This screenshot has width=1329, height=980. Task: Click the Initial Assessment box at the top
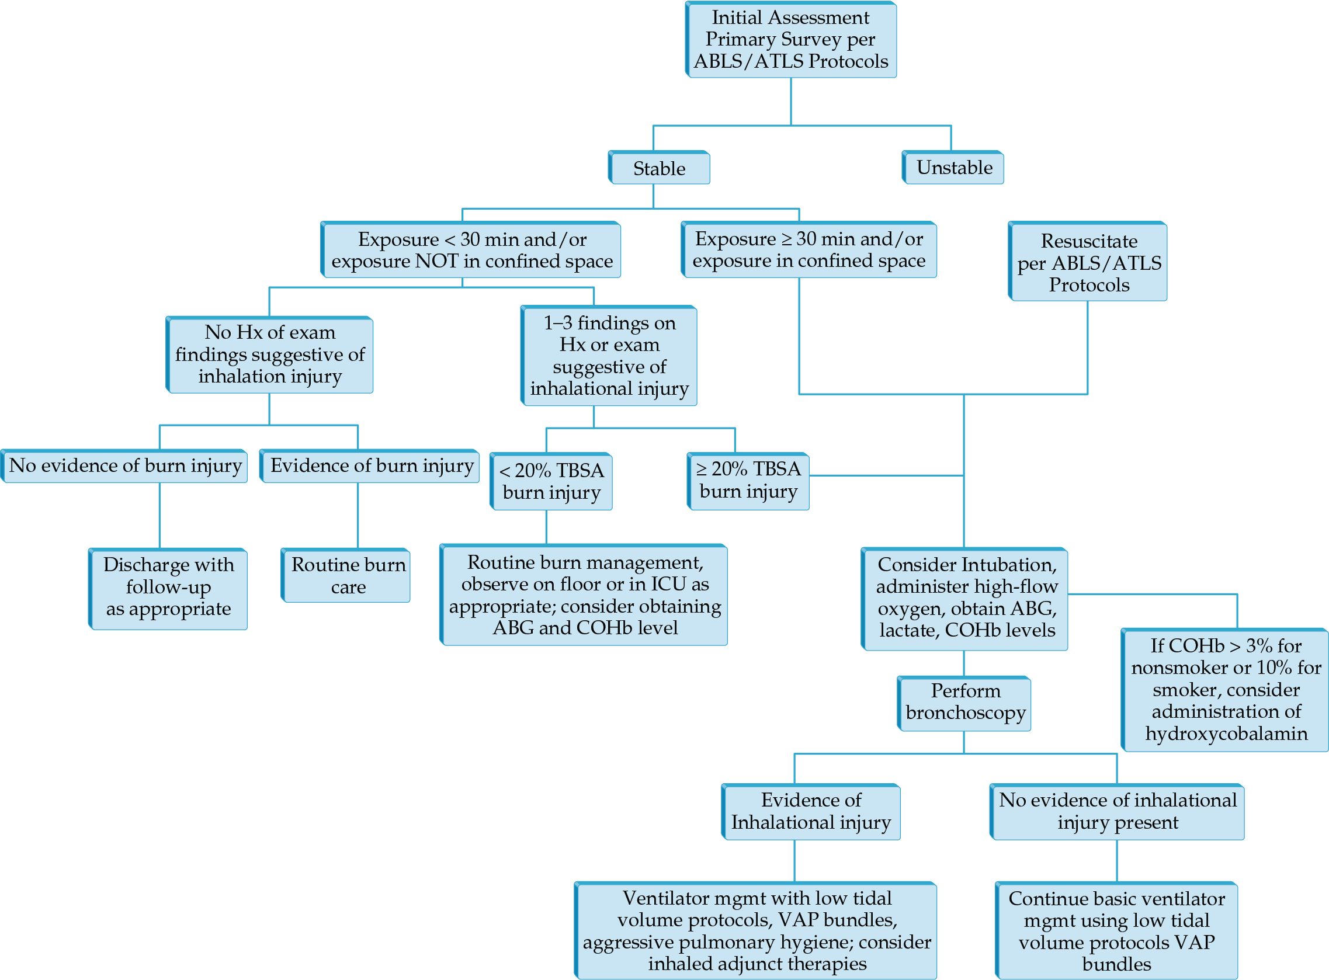[791, 40]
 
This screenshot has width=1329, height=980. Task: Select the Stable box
[659, 168]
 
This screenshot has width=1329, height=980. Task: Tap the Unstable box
[953, 168]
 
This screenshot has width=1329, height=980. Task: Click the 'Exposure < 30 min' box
[471, 250]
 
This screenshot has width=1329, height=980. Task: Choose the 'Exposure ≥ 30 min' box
[808, 250]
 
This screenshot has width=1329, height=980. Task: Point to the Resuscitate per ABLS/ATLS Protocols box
[1088, 262]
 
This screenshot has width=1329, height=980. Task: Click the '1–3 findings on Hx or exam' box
[609, 356]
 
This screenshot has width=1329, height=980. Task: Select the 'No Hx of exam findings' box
[269, 355]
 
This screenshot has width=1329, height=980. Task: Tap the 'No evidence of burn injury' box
[124, 466]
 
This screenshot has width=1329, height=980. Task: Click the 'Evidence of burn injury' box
[370, 466]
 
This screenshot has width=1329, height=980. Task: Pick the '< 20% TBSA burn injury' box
[551, 482]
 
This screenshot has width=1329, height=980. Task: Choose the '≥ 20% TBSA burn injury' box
[748, 482]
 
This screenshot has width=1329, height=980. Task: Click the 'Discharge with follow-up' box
[168, 589]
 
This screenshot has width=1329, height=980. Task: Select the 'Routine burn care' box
[346, 575]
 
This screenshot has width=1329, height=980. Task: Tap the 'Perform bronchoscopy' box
[964, 704]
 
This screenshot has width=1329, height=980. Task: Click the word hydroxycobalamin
[1226, 734]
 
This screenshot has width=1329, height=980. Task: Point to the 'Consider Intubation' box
[964, 599]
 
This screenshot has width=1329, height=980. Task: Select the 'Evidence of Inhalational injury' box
[811, 812]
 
